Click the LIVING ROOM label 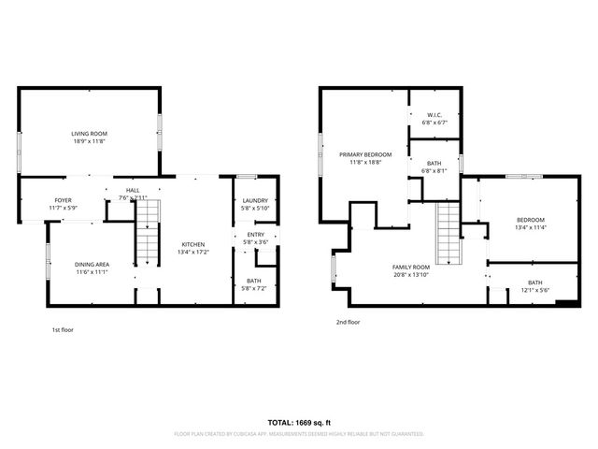point(89,134)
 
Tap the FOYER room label point(63,200)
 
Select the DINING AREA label point(92,264)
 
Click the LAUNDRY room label point(255,200)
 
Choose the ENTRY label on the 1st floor point(255,235)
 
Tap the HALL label point(133,190)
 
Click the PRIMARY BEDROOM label point(365,154)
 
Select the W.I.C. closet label point(434,115)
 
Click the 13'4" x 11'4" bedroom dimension point(531,227)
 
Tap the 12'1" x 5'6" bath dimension point(534,290)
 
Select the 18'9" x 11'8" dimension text point(89,141)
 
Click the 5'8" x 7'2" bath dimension point(255,288)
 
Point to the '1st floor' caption point(63,330)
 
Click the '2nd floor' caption point(348,322)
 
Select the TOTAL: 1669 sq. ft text point(299,423)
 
